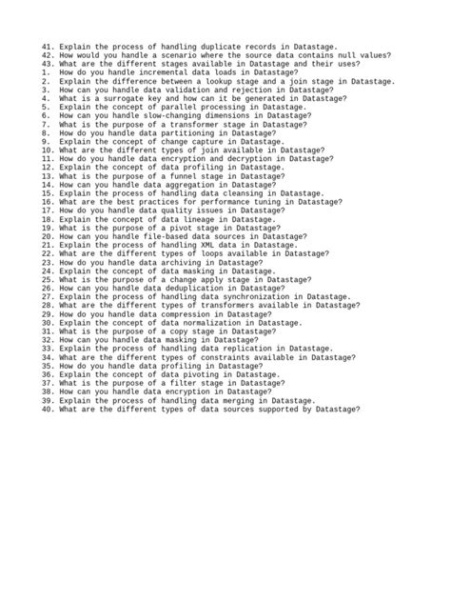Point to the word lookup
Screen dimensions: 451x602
pos(218,81)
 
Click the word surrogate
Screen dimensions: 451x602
pos(121,98)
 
